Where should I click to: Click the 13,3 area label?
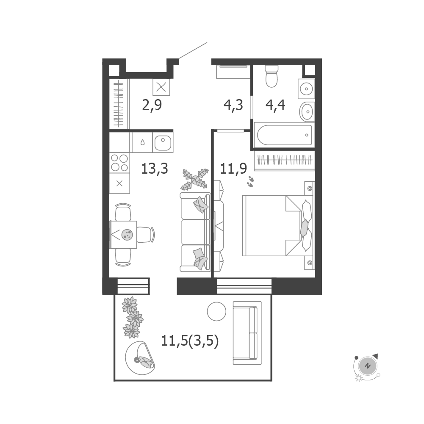tap(155, 169)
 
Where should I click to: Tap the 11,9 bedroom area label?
tap(233, 169)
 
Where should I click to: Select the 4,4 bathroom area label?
tap(275, 105)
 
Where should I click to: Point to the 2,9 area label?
tap(152, 105)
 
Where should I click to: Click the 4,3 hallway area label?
tap(233, 105)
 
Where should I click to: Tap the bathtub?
tap(285, 135)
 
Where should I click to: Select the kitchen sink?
tap(163, 142)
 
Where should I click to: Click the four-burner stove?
tap(119, 163)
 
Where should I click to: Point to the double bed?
tap(277, 225)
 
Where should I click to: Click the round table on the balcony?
tap(216, 311)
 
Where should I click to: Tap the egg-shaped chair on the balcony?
tap(140, 358)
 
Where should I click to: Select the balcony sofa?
tap(247, 333)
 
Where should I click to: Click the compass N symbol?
tap(367, 366)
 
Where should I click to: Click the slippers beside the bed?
tap(250, 181)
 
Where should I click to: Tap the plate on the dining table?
tap(127, 234)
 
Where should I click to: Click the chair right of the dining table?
tap(146, 235)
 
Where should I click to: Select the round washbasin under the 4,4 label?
tap(306, 111)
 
